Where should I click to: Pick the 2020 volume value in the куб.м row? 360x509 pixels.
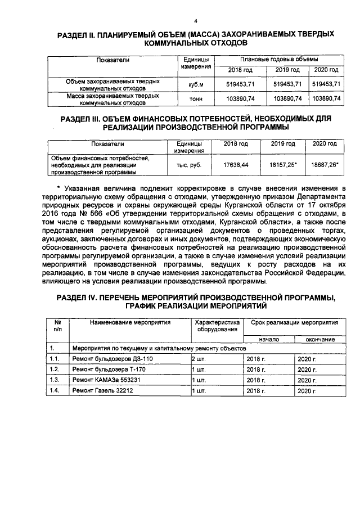click(x=326, y=84)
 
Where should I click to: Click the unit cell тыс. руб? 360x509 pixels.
click(x=188, y=165)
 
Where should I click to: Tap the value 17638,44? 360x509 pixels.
click(x=236, y=165)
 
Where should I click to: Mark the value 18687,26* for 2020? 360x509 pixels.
click(x=324, y=165)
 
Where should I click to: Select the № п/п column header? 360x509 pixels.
click(x=57, y=326)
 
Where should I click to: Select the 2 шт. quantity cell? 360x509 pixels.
click(x=200, y=358)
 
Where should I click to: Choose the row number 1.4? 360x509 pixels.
click(x=55, y=390)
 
